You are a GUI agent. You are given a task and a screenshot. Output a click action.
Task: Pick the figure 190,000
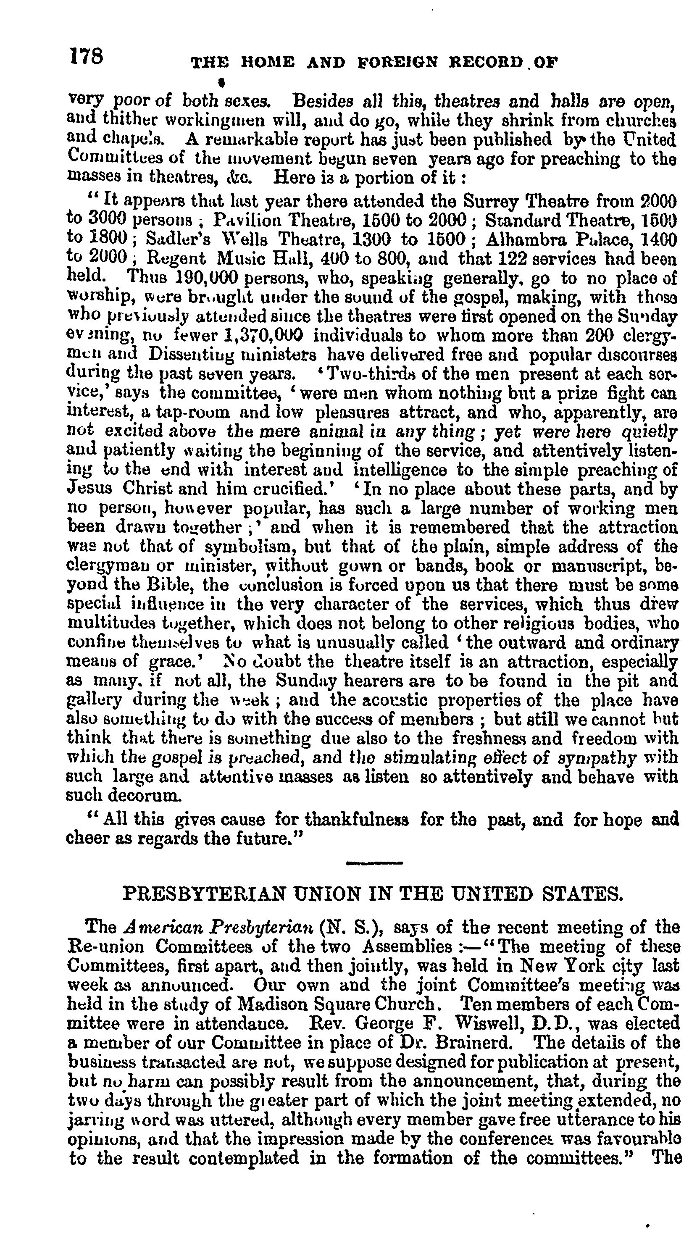tap(206, 278)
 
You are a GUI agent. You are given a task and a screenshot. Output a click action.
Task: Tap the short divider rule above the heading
tap(374, 864)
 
